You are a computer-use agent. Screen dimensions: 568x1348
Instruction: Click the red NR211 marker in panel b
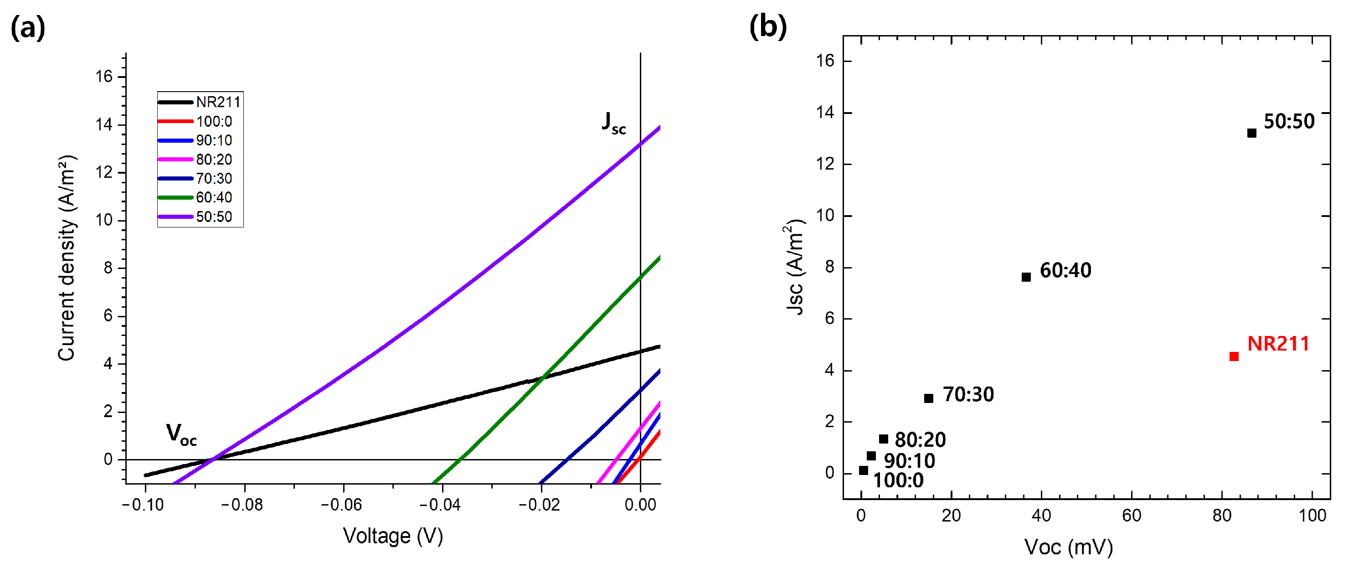(x=1234, y=356)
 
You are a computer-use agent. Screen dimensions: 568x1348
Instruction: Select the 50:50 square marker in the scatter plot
(x=1251, y=133)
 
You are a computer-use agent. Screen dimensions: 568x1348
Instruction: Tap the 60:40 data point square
(x=1026, y=277)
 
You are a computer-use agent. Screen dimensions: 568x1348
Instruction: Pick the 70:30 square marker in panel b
(x=928, y=398)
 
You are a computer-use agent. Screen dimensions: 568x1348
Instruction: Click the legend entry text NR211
(x=218, y=102)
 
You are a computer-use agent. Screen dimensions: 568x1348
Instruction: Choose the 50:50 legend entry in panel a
(x=214, y=217)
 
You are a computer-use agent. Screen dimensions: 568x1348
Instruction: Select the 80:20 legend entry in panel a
(x=214, y=159)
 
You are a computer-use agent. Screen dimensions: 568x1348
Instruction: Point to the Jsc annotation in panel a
(x=613, y=124)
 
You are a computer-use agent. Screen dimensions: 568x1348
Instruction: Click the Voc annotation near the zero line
(x=181, y=434)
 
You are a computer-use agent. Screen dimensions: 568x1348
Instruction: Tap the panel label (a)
(x=28, y=27)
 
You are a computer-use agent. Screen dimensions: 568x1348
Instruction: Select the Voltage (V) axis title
(x=392, y=536)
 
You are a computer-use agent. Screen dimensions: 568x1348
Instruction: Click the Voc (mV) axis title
(x=1068, y=547)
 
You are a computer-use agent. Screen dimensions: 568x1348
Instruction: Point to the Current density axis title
(x=67, y=258)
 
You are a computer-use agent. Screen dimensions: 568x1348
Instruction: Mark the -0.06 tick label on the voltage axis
(x=341, y=505)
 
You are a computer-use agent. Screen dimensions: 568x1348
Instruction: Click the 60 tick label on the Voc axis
(x=1132, y=516)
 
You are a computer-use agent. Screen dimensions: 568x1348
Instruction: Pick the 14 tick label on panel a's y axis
(x=103, y=124)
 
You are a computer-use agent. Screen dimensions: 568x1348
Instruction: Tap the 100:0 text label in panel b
(x=898, y=480)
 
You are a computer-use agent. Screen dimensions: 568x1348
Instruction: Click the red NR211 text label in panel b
(x=1278, y=344)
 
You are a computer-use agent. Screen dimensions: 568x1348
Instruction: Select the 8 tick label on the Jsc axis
(x=829, y=267)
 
